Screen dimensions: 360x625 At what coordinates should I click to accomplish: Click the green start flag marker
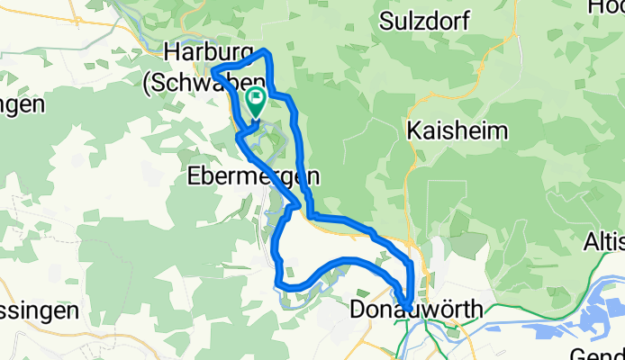pyautogui.click(x=254, y=102)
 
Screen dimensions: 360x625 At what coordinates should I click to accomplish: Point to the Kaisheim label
pyautogui.click(x=457, y=131)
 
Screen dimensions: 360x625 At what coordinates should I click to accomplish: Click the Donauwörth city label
pyautogui.click(x=415, y=310)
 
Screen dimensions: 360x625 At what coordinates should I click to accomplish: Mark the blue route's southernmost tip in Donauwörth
pyautogui.click(x=408, y=309)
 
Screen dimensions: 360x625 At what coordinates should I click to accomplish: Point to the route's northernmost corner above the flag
pyautogui.click(x=265, y=52)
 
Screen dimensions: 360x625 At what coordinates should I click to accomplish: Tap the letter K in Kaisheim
pyautogui.click(x=413, y=131)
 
